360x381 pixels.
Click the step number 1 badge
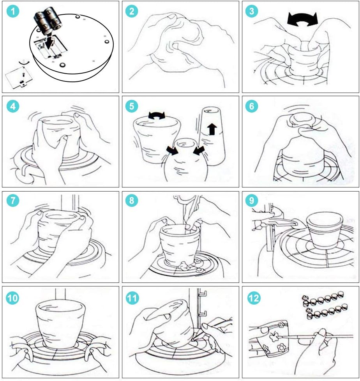(12, 11)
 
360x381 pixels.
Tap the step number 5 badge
(132, 106)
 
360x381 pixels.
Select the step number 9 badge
(252, 200)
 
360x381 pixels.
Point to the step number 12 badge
(254, 298)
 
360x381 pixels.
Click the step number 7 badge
(12, 200)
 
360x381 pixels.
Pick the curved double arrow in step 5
(157, 115)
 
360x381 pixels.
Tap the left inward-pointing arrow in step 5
(172, 150)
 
